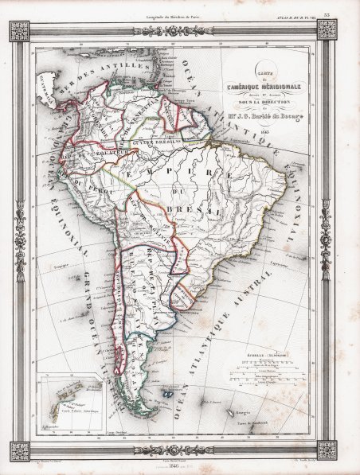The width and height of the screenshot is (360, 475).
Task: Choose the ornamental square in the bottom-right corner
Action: [327, 450]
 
